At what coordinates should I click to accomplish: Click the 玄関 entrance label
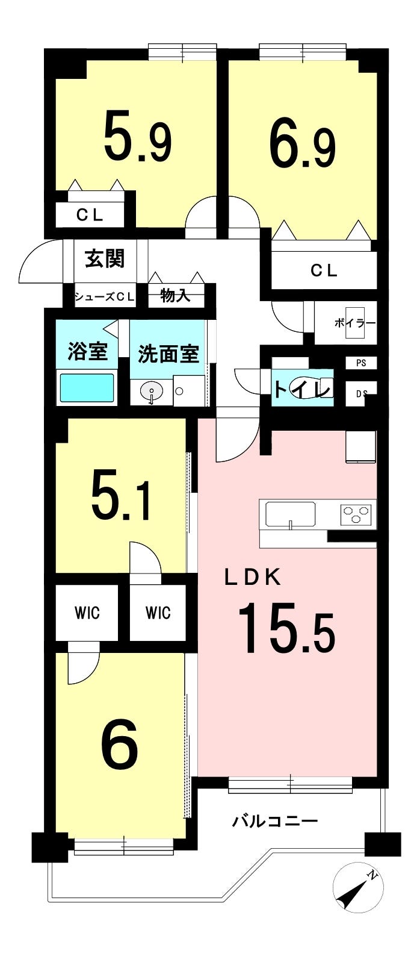click(105, 259)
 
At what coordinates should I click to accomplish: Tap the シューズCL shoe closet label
click(105, 297)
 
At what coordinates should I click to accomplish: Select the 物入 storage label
click(175, 296)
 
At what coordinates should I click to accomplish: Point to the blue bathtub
click(87, 388)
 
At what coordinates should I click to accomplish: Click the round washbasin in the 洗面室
click(152, 392)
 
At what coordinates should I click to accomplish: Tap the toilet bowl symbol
click(309, 388)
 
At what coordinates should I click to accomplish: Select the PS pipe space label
click(361, 363)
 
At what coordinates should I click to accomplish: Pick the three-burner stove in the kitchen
click(356, 514)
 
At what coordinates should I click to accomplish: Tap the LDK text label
click(253, 577)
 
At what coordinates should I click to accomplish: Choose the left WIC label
click(87, 613)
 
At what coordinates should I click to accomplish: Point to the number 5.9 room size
click(138, 136)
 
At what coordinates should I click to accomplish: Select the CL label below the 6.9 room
click(324, 270)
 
